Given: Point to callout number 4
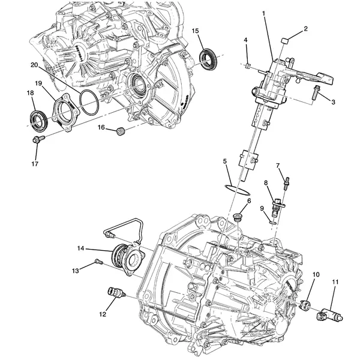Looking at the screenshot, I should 246,40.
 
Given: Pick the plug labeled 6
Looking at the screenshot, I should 239,215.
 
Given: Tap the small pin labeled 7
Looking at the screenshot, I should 287,178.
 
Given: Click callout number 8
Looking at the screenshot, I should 266,182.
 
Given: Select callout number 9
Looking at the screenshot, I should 262,208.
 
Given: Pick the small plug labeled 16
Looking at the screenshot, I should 120,130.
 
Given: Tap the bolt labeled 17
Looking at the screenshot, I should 37,140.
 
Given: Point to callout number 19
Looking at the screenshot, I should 38,83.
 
